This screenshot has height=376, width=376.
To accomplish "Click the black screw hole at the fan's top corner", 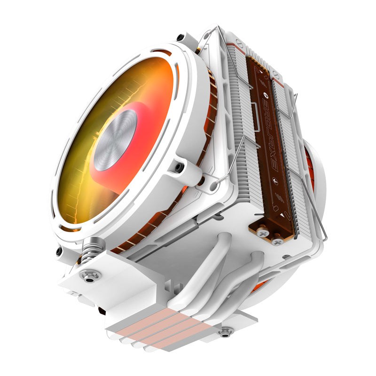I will [x=180, y=38].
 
